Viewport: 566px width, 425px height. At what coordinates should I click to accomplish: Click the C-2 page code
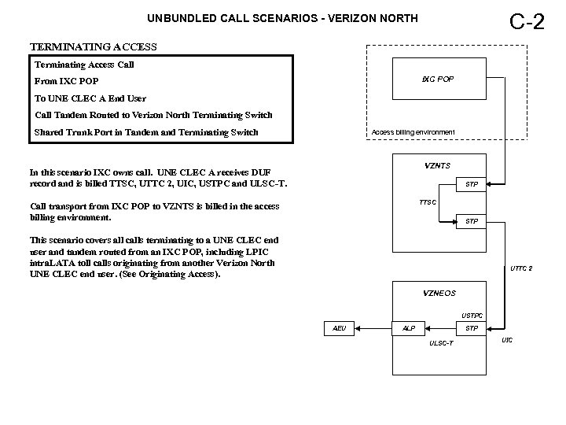click(527, 21)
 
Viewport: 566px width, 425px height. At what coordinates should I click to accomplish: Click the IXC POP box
click(437, 80)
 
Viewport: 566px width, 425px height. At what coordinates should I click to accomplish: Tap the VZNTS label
click(437, 165)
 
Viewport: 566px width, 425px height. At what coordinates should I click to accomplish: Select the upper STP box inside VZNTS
click(472, 185)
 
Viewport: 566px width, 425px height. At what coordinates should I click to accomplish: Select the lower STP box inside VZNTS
click(472, 222)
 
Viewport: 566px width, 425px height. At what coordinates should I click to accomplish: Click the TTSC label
click(428, 202)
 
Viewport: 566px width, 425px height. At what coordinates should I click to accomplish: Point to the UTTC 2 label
click(521, 268)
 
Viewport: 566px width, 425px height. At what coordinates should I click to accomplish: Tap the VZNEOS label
click(439, 293)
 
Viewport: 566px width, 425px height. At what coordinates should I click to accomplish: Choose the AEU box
click(340, 328)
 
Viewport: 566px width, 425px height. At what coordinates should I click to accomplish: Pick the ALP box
click(409, 328)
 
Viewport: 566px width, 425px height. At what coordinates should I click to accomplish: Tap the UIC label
click(507, 340)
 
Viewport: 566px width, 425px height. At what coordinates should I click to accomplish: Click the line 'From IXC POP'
click(67, 81)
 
